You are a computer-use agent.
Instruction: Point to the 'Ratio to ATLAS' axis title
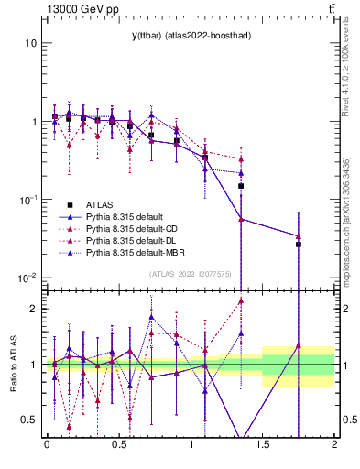click(12, 365)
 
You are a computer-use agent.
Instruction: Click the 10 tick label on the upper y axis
click(30, 44)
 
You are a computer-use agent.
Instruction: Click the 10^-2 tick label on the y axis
click(27, 278)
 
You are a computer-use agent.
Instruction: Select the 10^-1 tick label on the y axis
click(27, 200)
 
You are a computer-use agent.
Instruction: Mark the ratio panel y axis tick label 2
click(33, 309)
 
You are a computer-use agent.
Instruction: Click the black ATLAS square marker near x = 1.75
click(299, 245)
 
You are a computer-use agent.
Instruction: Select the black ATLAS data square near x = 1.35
click(241, 186)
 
